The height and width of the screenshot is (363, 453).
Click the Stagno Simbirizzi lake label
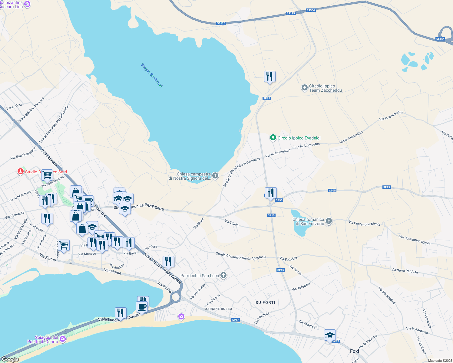(152, 75)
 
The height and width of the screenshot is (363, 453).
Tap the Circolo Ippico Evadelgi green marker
(273, 138)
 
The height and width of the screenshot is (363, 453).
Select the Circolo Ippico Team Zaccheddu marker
(304, 88)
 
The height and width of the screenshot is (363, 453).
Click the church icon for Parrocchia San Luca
(223, 275)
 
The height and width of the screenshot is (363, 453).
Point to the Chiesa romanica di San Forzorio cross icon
(329, 221)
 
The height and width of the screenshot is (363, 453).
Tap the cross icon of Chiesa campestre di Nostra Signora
(215, 176)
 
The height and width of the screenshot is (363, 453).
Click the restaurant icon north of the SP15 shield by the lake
(269, 77)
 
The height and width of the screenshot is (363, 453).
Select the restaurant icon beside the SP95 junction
(271, 193)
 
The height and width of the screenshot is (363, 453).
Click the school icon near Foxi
(330, 335)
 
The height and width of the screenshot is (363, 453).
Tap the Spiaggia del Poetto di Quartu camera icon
(63, 339)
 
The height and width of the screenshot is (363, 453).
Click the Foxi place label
(354, 351)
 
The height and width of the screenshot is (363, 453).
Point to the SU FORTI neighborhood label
(265, 302)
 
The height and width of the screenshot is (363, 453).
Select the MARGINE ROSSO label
(218, 309)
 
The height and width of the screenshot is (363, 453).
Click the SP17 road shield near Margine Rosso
(235, 320)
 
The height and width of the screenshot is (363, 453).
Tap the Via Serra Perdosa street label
(404, 271)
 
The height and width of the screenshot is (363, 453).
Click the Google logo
(10, 359)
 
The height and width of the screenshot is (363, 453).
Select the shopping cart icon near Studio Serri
(47, 175)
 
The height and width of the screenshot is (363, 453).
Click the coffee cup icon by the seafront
(142, 307)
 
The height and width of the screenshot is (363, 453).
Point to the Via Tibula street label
(231, 223)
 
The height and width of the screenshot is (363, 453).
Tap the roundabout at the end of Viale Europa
(175, 297)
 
